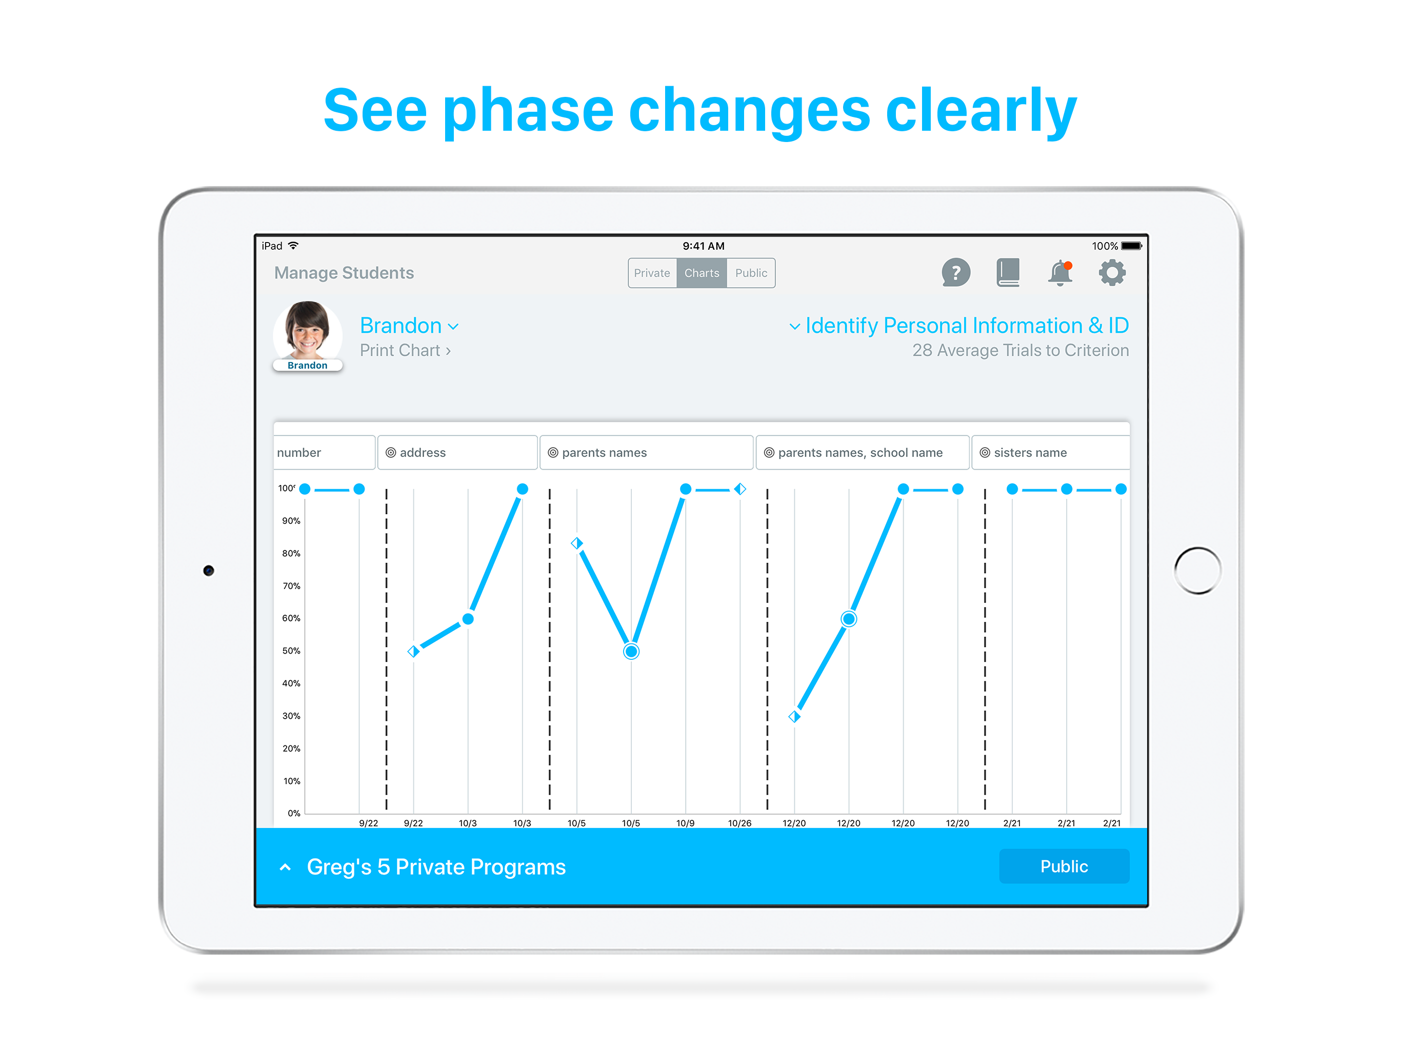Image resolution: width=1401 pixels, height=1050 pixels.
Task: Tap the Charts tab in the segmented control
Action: [x=701, y=273]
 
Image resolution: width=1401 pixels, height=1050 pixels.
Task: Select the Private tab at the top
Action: [x=652, y=273]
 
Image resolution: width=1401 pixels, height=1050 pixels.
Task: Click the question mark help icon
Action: [x=955, y=273]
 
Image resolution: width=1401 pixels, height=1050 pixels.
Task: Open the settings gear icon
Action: [x=1112, y=273]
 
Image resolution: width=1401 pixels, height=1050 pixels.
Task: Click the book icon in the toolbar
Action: [x=1008, y=273]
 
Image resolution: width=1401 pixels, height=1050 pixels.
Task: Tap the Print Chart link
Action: [x=405, y=350]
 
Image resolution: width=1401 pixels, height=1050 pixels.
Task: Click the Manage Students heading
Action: [x=344, y=273]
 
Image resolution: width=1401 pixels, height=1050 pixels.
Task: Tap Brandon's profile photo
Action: [x=308, y=332]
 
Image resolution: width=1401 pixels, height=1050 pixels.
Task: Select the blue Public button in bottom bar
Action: [x=1064, y=866]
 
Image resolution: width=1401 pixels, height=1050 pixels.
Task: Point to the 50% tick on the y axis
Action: [x=291, y=651]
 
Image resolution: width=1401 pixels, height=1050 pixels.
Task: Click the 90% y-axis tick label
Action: [x=291, y=520]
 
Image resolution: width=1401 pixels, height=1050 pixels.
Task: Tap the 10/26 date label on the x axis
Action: [x=740, y=823]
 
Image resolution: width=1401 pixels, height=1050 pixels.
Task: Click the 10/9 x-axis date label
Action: [x=685, y=823]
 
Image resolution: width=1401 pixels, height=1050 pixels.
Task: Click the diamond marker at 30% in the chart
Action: [x=794, y=716]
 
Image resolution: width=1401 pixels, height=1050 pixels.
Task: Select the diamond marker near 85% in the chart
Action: [x=576, y=543]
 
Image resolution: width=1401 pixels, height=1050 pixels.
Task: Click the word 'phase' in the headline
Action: [x=528, y=111]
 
